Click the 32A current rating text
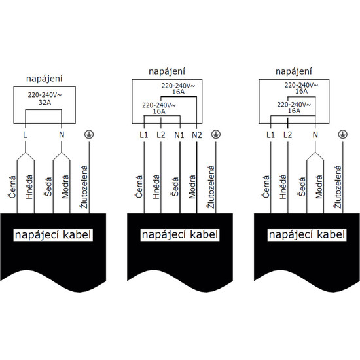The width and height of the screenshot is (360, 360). pos(45,102)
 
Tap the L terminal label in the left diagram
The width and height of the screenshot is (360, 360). pos(25,135)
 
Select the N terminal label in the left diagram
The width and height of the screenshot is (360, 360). pos(62,135)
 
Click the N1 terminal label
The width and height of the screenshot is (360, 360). pos(179,135)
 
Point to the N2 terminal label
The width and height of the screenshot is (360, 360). pos(197,135)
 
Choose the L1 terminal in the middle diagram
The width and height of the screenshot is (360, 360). pos(144,135)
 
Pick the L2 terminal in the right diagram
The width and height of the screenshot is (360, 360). pos(288,135)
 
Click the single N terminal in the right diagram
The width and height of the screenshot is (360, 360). pos(315,135)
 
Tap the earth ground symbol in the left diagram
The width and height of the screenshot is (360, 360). pos(89,134)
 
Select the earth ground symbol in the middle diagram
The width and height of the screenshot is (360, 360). pos(216,134)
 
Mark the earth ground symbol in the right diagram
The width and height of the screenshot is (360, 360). pos(343,134)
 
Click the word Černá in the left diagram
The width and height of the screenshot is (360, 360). pos(12,187)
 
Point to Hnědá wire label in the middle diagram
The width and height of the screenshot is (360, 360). pos(156,187)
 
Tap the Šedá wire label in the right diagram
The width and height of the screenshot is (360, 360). pos(302,187)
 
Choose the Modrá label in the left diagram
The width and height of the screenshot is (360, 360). pos(65,187)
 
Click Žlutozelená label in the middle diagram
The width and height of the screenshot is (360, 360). pos(211,187)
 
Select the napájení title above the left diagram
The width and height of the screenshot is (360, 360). pos(45,79)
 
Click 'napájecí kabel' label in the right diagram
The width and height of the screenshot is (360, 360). pos(307,235)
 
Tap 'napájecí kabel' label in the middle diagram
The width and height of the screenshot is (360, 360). pos(180,235)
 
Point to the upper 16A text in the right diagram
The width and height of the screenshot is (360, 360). pos(301,91)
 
